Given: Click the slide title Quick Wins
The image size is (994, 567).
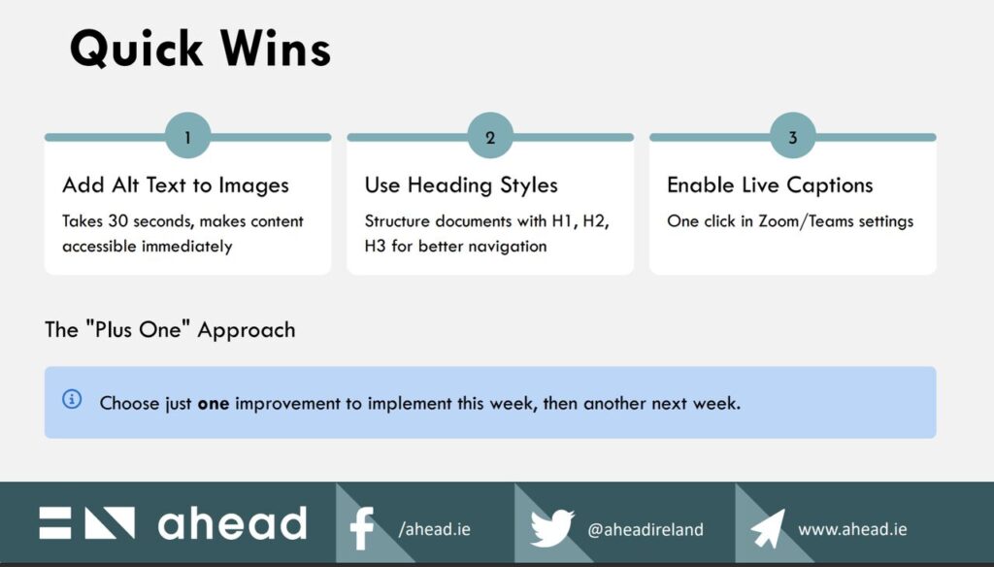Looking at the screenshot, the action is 200,50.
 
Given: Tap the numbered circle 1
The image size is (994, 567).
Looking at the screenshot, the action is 187,136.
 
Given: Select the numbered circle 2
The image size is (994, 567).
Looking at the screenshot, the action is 490,136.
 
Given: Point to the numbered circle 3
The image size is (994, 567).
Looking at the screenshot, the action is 792,136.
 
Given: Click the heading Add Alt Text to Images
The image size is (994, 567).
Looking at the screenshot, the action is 176,185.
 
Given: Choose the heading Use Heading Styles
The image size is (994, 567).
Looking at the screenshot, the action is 461,185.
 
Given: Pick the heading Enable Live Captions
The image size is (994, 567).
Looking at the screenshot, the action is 770,185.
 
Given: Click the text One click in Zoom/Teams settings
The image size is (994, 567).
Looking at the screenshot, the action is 790,221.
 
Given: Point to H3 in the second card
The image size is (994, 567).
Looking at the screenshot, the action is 375,246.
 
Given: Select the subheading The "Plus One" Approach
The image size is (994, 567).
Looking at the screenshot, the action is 170,330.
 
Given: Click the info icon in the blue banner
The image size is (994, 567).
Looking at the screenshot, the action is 72,399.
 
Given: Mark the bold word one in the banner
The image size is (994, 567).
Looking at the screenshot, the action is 213,404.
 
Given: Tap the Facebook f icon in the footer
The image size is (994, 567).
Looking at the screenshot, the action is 362,527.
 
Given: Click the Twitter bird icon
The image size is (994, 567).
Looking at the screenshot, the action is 552,527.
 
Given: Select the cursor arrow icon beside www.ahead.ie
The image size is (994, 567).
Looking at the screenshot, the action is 767,528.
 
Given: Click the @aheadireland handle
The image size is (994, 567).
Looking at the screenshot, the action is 646,529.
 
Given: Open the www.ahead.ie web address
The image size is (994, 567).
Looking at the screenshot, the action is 852,529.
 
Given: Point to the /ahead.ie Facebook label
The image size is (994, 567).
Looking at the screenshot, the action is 434,529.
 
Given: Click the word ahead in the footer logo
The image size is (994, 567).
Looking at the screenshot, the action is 233,523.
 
